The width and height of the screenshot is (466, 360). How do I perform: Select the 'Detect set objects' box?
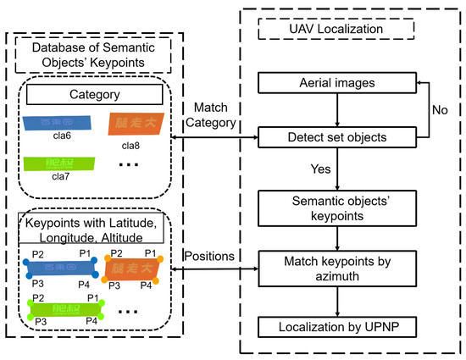(x=338, y=136)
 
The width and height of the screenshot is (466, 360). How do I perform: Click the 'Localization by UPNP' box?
(x=338, y=326)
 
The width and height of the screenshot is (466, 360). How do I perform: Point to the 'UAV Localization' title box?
(x=338, y=29)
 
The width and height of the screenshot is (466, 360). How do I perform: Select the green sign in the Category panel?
(x=53, y=162)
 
